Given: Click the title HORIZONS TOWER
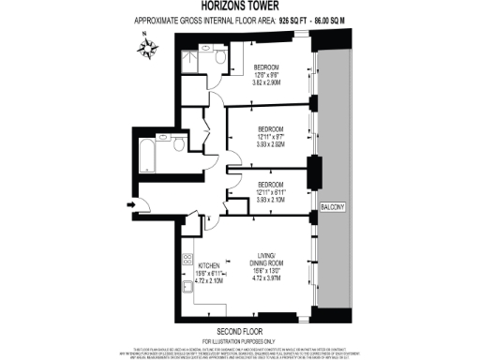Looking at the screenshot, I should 239,7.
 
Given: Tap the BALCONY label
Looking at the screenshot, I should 334,205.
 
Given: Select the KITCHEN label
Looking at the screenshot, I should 209,265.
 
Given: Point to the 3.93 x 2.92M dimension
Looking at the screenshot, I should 270,145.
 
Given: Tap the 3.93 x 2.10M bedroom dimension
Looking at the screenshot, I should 271,200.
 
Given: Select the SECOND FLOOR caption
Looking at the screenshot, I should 240,330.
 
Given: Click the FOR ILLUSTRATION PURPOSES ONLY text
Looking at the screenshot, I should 240,338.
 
